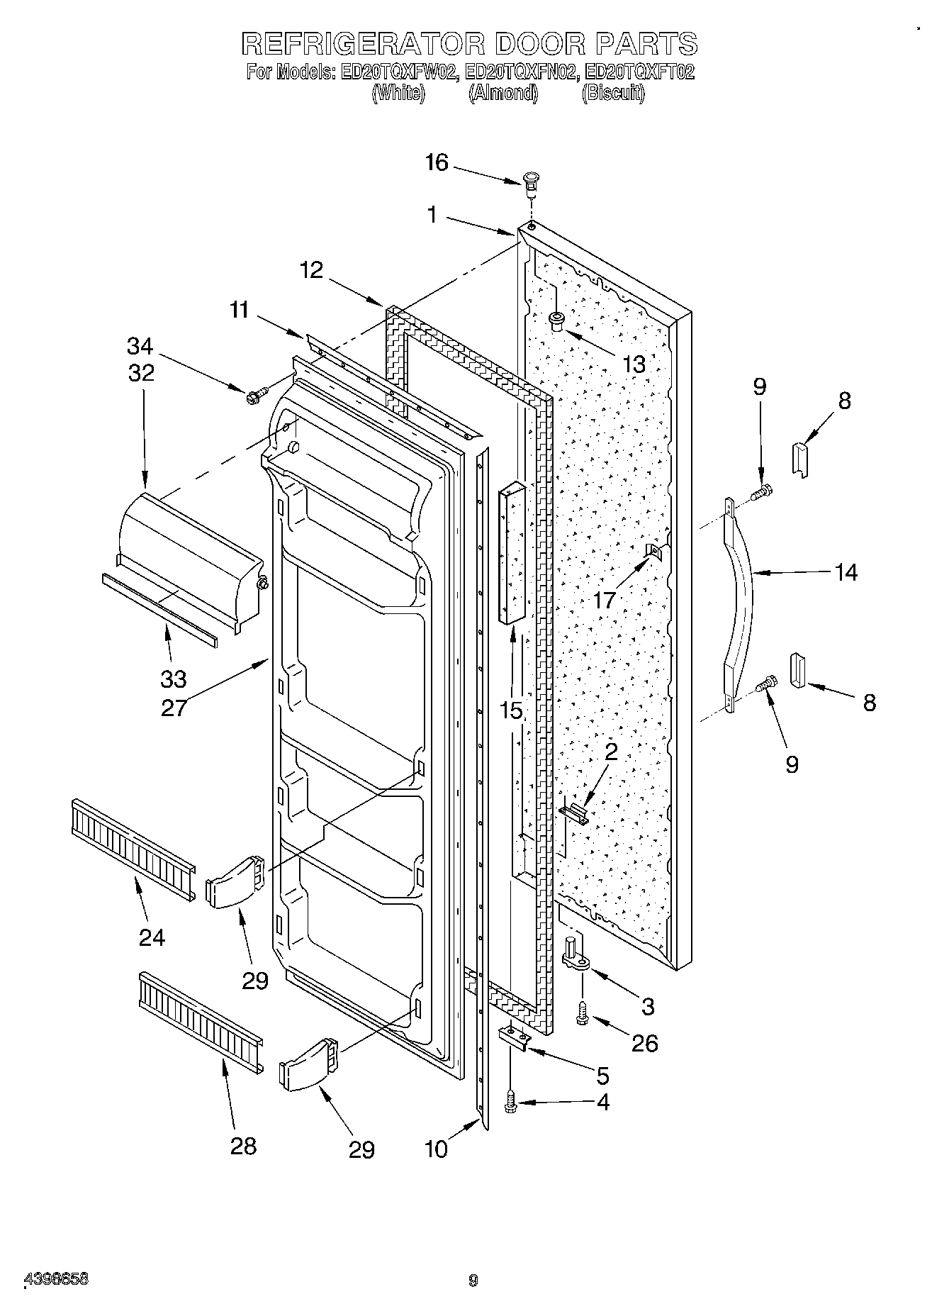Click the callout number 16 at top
[x=437, y=163]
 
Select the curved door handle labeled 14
[x=739, y=603]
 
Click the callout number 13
[x=634, y=364]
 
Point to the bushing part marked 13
[x=557, y=321]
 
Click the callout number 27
[x=173, y=708]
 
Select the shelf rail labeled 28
[x=201, y=1022]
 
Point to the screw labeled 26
[x=583, y=1016]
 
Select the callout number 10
[x=437, y=1149]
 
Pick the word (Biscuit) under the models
[x=612, y=94]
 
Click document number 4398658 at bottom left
[x=57, y=1280]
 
